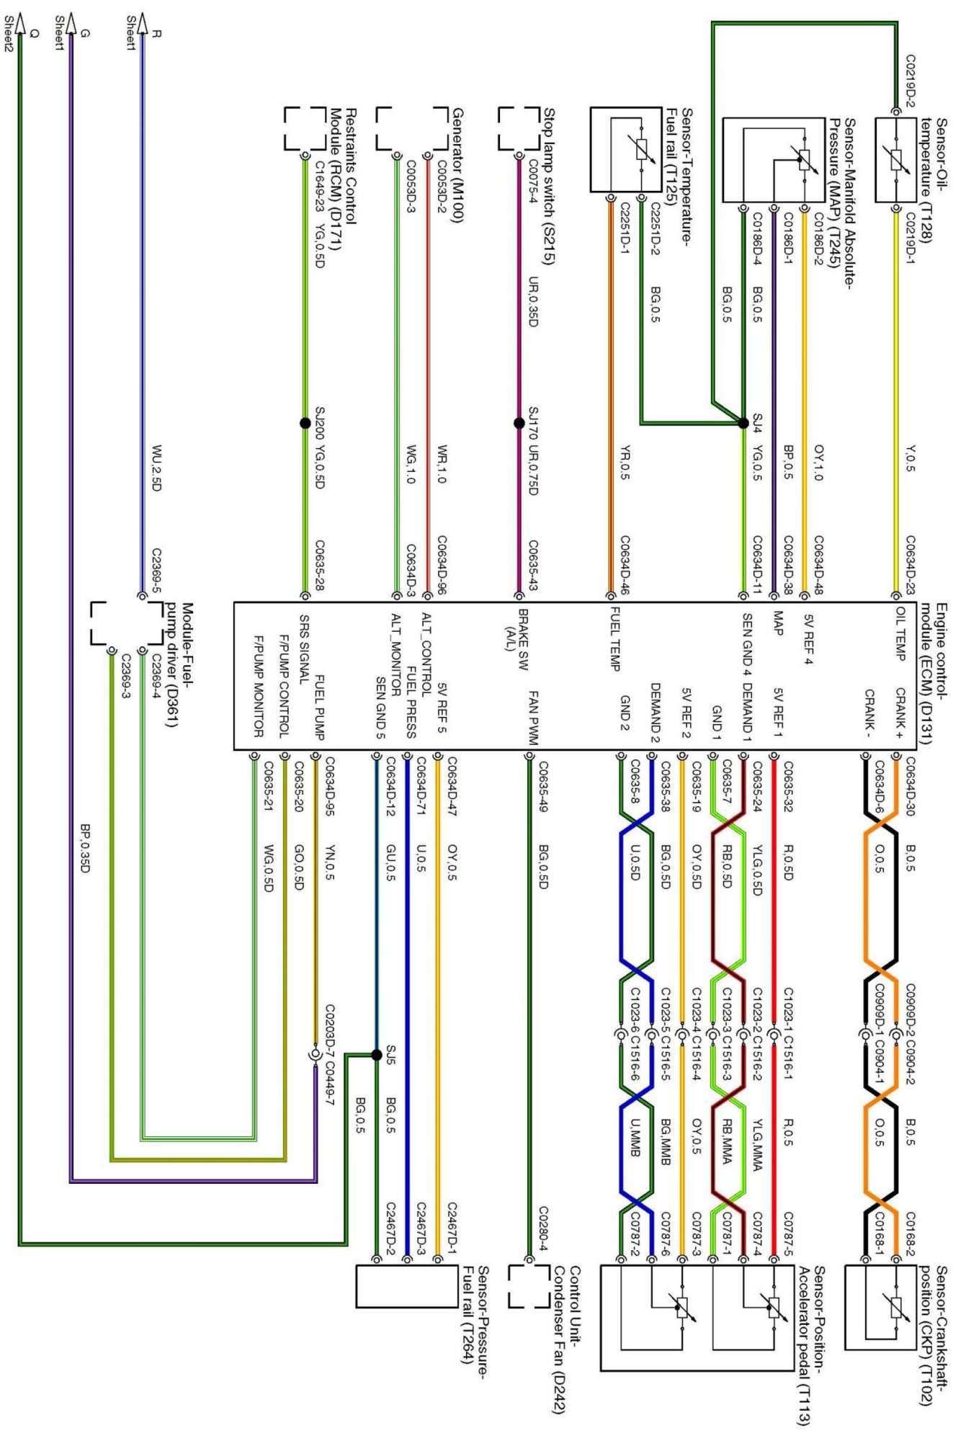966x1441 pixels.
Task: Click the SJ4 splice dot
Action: pos(743,423)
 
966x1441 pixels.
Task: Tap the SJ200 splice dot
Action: pos(305,423)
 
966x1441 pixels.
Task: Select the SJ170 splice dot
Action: pos(519,423)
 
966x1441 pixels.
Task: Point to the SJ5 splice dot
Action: pos(376,1055)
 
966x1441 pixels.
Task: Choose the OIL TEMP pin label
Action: pos(900,633)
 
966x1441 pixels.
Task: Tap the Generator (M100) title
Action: pos(457,165)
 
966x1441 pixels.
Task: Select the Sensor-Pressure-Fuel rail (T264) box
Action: pos(397,1287)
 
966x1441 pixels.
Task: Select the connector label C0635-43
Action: pos(534,566)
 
